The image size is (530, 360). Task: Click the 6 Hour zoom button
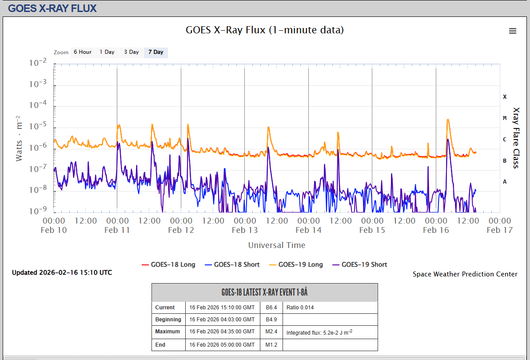83,52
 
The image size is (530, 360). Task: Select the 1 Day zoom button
107,52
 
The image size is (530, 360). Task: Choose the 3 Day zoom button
132,52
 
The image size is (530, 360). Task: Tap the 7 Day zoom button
156,52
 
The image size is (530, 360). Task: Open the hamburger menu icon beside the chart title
513,31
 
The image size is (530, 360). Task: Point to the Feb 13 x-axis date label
245,230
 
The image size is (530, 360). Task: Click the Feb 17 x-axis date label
500,230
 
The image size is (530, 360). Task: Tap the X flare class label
505,96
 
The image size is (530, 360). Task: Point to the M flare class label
505,118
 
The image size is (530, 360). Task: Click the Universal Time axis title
277,245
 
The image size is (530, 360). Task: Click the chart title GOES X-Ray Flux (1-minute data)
265,30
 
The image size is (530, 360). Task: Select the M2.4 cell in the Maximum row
271,332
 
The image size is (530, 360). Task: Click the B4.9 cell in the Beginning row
271,320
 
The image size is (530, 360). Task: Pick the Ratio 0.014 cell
300,308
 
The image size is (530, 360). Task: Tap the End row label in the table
161,345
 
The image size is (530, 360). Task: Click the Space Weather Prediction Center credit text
465,274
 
